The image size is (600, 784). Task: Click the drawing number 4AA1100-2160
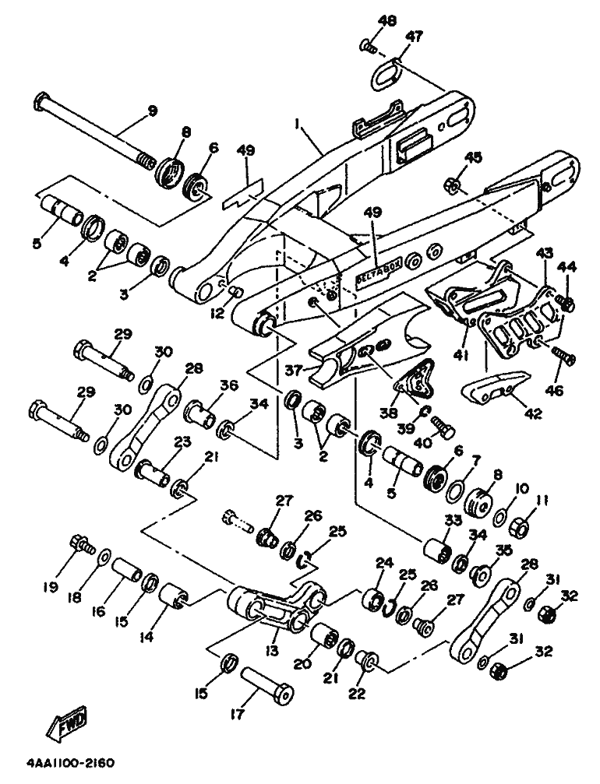(x=71, y=764)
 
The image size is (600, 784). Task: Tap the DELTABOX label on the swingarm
(x=374, y=275)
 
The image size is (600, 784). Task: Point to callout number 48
(x=386, y=20)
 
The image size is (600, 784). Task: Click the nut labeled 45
(x=453, y=187)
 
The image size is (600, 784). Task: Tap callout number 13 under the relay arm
(x=273, y=651)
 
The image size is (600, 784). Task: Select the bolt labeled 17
(x=267, y=680)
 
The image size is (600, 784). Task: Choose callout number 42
(x=532, y=413)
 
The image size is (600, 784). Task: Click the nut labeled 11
(x=520, y=526)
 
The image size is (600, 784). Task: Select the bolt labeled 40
(x=443, y=427)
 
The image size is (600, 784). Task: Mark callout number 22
(x=358, y=694)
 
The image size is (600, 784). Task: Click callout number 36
(x=229, y=386)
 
